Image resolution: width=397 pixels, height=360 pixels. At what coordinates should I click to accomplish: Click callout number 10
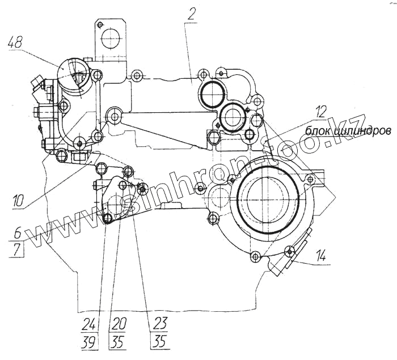[17, 199]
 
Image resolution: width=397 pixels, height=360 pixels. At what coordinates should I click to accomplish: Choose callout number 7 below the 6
[17, 249]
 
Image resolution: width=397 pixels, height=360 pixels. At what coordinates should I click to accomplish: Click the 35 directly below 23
[160, 342]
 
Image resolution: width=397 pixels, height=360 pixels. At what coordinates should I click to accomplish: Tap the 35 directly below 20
[119, 342]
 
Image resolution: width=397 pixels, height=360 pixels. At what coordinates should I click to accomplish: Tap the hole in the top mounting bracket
[109, 39]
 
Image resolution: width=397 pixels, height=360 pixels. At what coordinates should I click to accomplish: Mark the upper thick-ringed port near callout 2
[212, 93]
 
